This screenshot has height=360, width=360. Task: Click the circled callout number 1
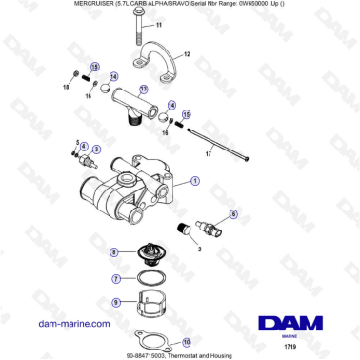(195, 180)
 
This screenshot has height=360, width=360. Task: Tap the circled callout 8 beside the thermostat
(114, 251)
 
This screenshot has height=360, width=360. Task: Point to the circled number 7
(115, 279)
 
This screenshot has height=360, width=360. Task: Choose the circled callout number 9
(115, 302)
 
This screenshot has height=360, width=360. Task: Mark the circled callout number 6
(233, 215)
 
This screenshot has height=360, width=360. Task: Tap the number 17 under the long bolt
(207, 152)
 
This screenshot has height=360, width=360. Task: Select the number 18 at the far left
(67, 86)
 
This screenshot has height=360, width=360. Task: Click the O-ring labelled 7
(149, 279)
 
